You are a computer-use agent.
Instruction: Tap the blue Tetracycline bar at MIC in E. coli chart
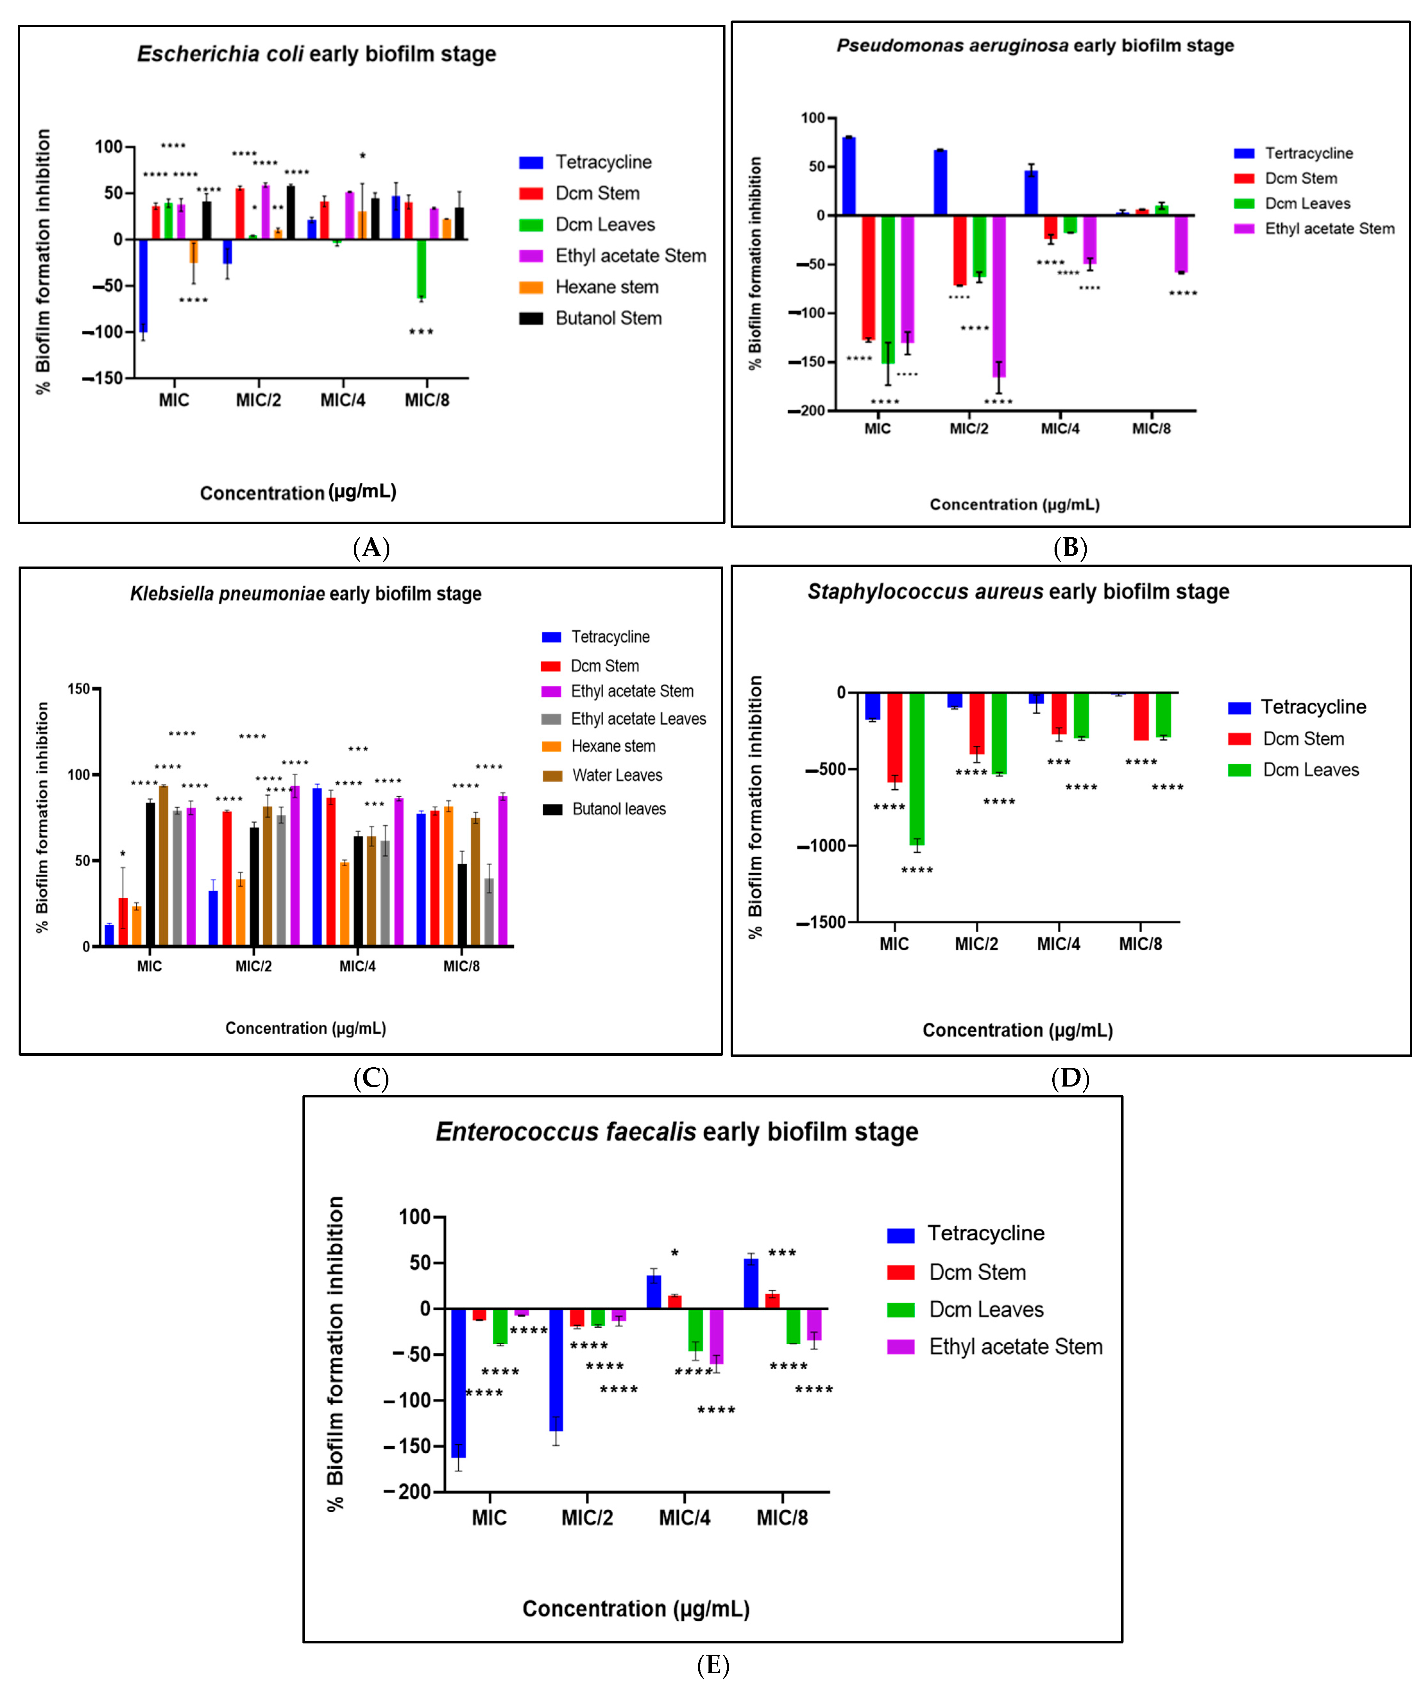[x=143, y=285]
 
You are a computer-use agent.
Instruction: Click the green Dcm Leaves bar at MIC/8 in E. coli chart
[x=421, y=269]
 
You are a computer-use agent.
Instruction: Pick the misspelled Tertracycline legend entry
[x=1308, y=154]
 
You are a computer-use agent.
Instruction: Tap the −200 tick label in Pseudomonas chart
[x=807, y=410]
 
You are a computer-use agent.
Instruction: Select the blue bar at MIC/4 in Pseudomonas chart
[x=1031, y=192]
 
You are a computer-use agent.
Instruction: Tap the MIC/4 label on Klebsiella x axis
[x=357, y=966]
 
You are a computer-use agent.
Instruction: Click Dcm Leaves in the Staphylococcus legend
[x=1310, y=770]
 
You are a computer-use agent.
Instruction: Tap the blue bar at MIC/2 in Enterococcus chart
[x=556, y=1369]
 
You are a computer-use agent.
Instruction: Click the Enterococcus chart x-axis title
[x=636, y=1609]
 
